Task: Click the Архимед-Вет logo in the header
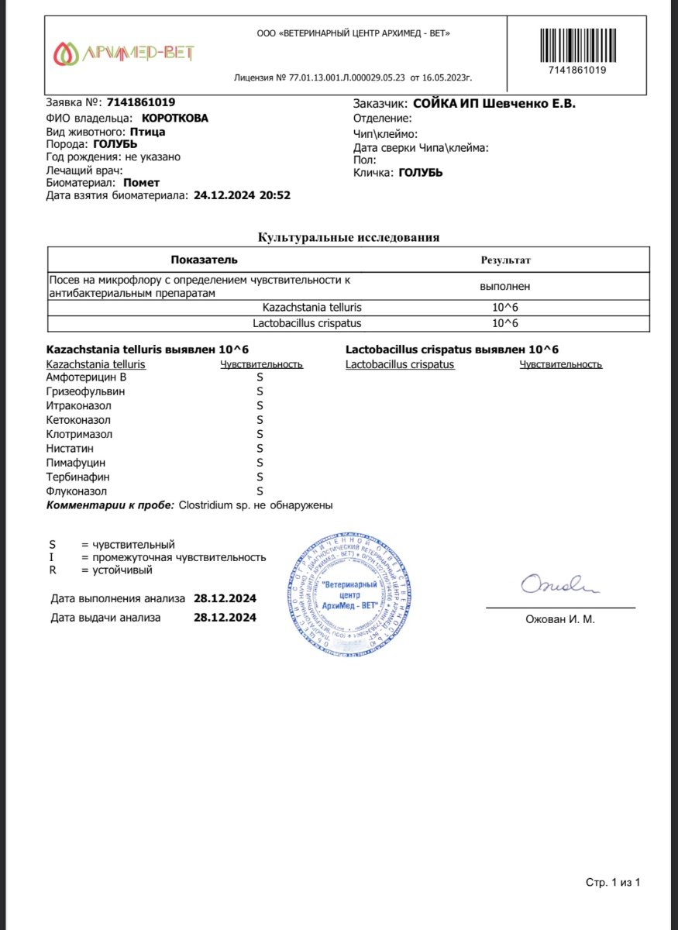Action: click(x=124, y=53)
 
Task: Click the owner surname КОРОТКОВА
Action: click(x=175, y=119)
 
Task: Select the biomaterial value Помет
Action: click(x=142, y=183)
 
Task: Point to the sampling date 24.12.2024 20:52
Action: click(x=242, y=196)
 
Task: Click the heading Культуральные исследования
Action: click(x=349, y=238)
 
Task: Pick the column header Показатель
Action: click(x=204, y=260)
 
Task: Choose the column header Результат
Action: click(x=505, y=260)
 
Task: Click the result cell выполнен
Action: click(x=505, y=286)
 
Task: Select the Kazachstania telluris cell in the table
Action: click(x=312, y=308)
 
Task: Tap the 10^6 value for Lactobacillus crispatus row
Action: click(x=505, y=323)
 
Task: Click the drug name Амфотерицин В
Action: click(x=86, y=377)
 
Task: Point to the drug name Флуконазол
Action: click(x=77, y=491)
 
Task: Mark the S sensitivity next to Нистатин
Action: click(x=260, y=449)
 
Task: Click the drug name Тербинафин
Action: click(x=78, y=477)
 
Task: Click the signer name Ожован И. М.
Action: click(x=560, y=619)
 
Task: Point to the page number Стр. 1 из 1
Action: click(x=613, y=883)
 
